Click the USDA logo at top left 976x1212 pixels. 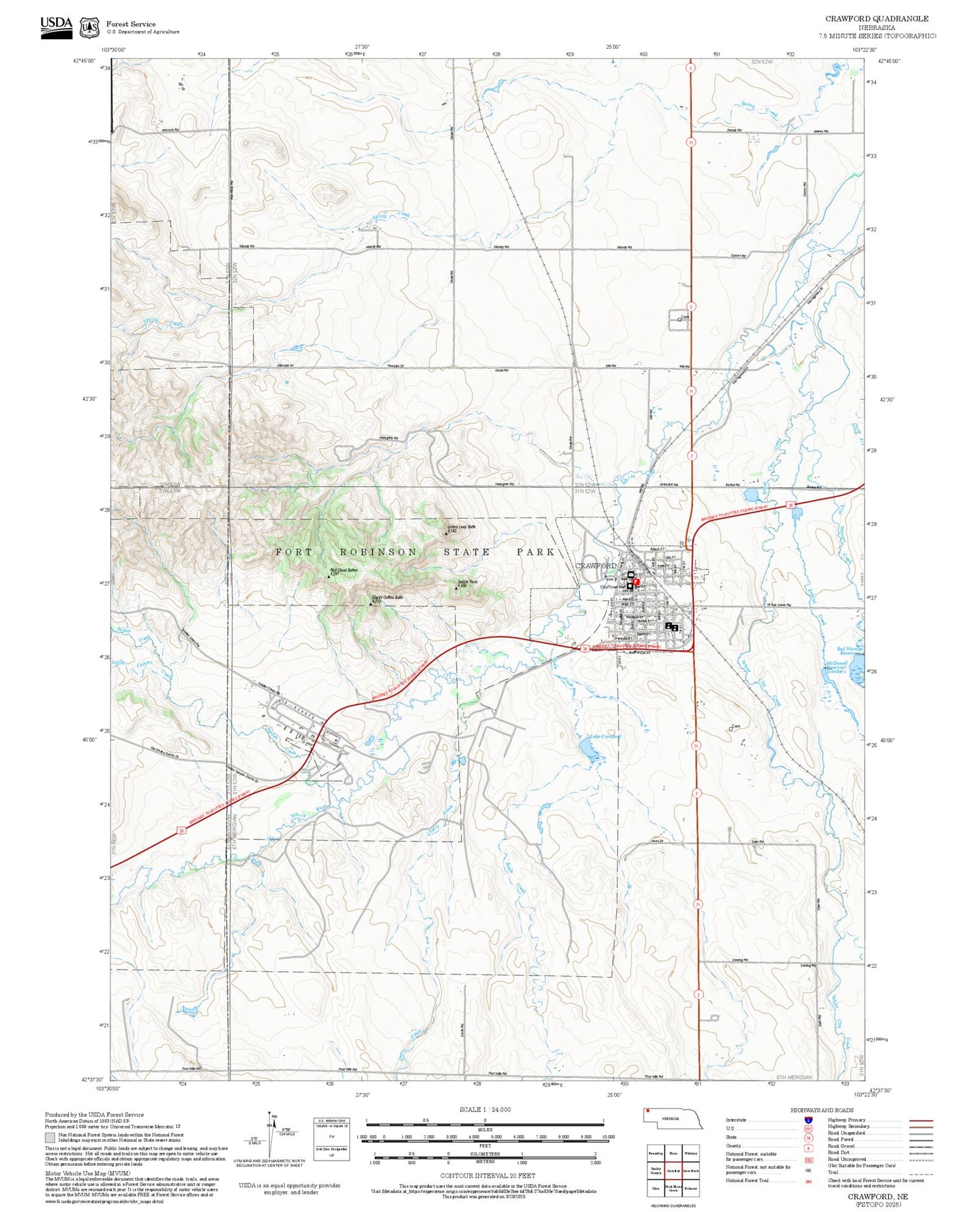(56, 27)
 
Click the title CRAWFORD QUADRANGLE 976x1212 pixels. (876, 19)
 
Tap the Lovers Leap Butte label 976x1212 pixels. (461, 526)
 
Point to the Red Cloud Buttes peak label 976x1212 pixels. (344, 570)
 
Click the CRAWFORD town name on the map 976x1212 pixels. (595, 566)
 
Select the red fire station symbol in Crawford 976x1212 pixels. (636, 581)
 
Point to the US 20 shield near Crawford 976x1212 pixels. (585, 648)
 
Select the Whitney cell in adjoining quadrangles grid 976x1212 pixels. (690, 1153)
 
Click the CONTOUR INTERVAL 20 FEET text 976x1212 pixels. (487, 1176)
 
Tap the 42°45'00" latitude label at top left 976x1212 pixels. (84, 61)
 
